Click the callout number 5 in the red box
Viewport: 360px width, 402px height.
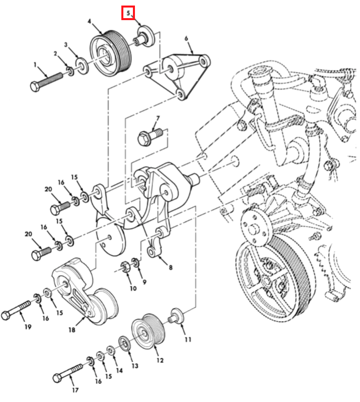coord(129,12)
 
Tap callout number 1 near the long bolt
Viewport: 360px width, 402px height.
coord(36,64)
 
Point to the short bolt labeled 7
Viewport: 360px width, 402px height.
coord(149,136)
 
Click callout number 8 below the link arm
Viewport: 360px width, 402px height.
coord(170,267)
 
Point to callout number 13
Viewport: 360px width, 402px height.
coord(134,366)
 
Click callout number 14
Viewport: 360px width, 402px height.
coord(119,370)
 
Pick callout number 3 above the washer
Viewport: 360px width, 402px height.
coord(66,45)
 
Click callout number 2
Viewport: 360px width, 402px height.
coord(56,53)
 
